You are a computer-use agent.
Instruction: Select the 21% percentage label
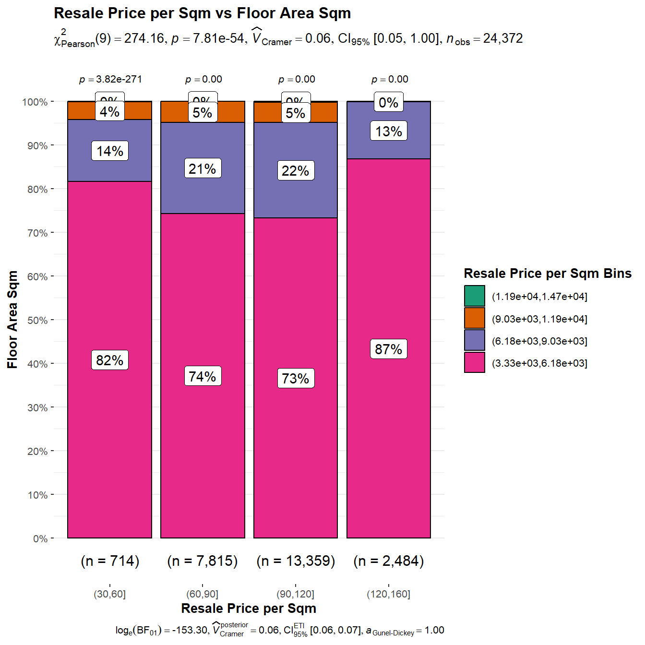203,168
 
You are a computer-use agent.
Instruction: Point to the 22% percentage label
296,170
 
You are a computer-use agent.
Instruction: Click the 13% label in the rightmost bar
388,131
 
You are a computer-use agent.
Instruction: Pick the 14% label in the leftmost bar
110,151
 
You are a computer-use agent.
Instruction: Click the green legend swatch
474,296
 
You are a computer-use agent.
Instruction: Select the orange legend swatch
474,318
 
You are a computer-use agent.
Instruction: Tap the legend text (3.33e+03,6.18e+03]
539,363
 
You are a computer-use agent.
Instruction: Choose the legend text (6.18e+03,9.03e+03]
539,341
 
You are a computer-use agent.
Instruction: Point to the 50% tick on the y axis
37,320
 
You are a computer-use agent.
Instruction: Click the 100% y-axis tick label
35,102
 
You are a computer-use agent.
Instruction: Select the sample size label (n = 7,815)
203,561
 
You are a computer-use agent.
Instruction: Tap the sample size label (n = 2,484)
388,561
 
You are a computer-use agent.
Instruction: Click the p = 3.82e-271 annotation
110,79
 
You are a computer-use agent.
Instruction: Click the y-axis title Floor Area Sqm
12,319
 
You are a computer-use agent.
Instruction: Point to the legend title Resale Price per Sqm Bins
547,274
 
